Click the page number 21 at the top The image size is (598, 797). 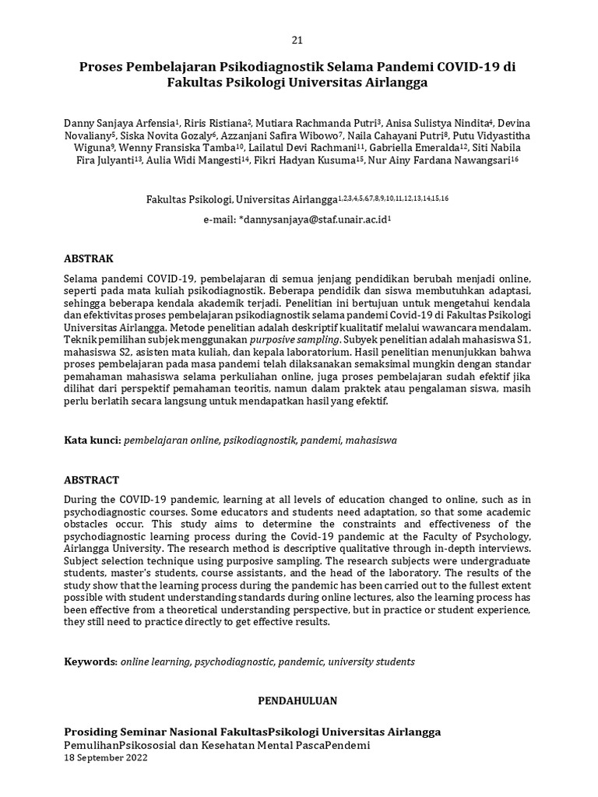[297, 40]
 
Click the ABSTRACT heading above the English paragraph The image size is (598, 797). [91, 480]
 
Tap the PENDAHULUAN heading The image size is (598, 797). [297, 701]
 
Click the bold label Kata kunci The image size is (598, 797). [91, 440]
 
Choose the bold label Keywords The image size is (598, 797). [90, 662]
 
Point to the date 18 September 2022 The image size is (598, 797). [105, 757]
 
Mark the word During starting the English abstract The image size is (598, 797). [83, 499]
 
